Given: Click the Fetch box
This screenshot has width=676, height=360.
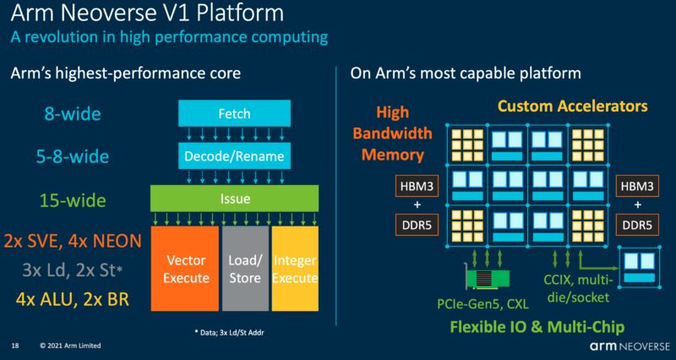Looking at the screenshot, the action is click(235, 114).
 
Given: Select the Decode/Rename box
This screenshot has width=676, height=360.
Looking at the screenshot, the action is click(235, 155).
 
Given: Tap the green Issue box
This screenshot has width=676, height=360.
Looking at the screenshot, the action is click(235, 199).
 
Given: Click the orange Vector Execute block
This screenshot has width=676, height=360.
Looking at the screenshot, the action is click(185, 268).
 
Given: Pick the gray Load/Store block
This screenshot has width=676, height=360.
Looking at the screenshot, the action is click(245, 268).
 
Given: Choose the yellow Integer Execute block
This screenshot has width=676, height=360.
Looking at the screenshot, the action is click(295, 268).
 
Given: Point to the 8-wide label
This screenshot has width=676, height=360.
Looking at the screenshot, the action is click(73, 114).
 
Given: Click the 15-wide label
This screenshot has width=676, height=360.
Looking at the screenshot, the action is click(73, 200).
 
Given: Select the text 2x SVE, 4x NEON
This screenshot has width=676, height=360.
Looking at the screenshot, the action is click(73, 242).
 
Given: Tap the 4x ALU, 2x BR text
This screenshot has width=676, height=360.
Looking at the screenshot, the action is click(73, 299).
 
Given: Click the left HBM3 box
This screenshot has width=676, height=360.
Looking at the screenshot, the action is click(417, 186).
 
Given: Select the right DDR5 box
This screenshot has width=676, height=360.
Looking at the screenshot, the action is click(638, 225).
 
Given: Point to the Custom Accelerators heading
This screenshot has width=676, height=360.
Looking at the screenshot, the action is click(573, 106).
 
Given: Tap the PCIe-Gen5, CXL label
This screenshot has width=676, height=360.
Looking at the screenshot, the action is click(482, 305).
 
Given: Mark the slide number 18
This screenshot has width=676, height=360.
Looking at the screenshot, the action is click(15, 346).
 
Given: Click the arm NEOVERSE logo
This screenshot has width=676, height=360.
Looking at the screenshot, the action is click(630, 346).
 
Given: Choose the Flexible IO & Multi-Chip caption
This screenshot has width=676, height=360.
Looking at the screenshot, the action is click(537, 327).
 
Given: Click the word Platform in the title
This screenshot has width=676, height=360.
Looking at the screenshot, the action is click(241, 14).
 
